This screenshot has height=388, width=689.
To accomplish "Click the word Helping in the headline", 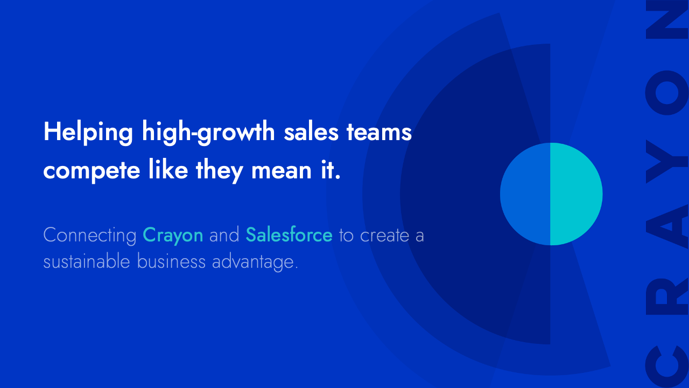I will pyautogui.click(x=88, y=132).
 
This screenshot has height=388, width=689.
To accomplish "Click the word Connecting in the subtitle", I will pyautogui.click(x=90, y=235).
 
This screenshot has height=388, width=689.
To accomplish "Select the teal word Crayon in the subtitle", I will pyautogui.click(x=173, y=235).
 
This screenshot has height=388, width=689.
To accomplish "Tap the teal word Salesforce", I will pyautogui.click(x=289, y=235).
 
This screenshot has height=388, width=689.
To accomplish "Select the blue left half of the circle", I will pyautogui.click(x=525, y=194).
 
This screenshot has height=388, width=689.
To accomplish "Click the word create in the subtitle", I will pyautogui.click(x=384, y=235).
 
